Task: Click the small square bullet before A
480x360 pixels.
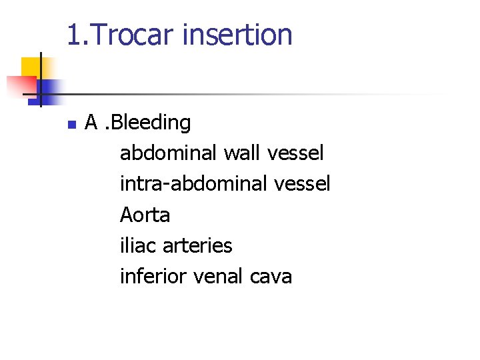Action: (71, 124)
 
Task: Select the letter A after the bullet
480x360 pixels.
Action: (92, 123)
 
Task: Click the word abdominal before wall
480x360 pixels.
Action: (169, 153)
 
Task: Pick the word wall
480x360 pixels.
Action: (242, 153)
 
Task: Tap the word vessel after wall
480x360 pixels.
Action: (295, 153)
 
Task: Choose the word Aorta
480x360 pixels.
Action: (145, 215)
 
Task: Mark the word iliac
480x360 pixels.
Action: (135, 245)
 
